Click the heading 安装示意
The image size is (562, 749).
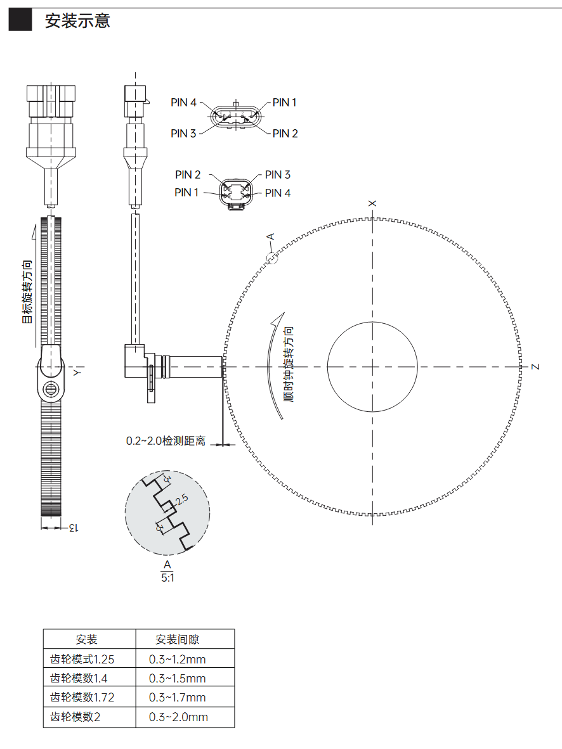[77, 20]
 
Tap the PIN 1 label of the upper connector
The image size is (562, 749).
[284, 102]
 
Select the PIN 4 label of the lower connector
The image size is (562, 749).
[277, 193]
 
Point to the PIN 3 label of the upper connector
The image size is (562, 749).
[183, 133]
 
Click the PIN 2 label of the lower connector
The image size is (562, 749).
[188, 175]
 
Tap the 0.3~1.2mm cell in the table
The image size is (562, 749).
[177, 659]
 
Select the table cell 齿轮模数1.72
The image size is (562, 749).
[82, 698]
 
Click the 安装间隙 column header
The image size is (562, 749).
[177, 639]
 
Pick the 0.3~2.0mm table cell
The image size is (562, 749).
[178, 717]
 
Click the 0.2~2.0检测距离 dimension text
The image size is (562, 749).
[166, 441]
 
